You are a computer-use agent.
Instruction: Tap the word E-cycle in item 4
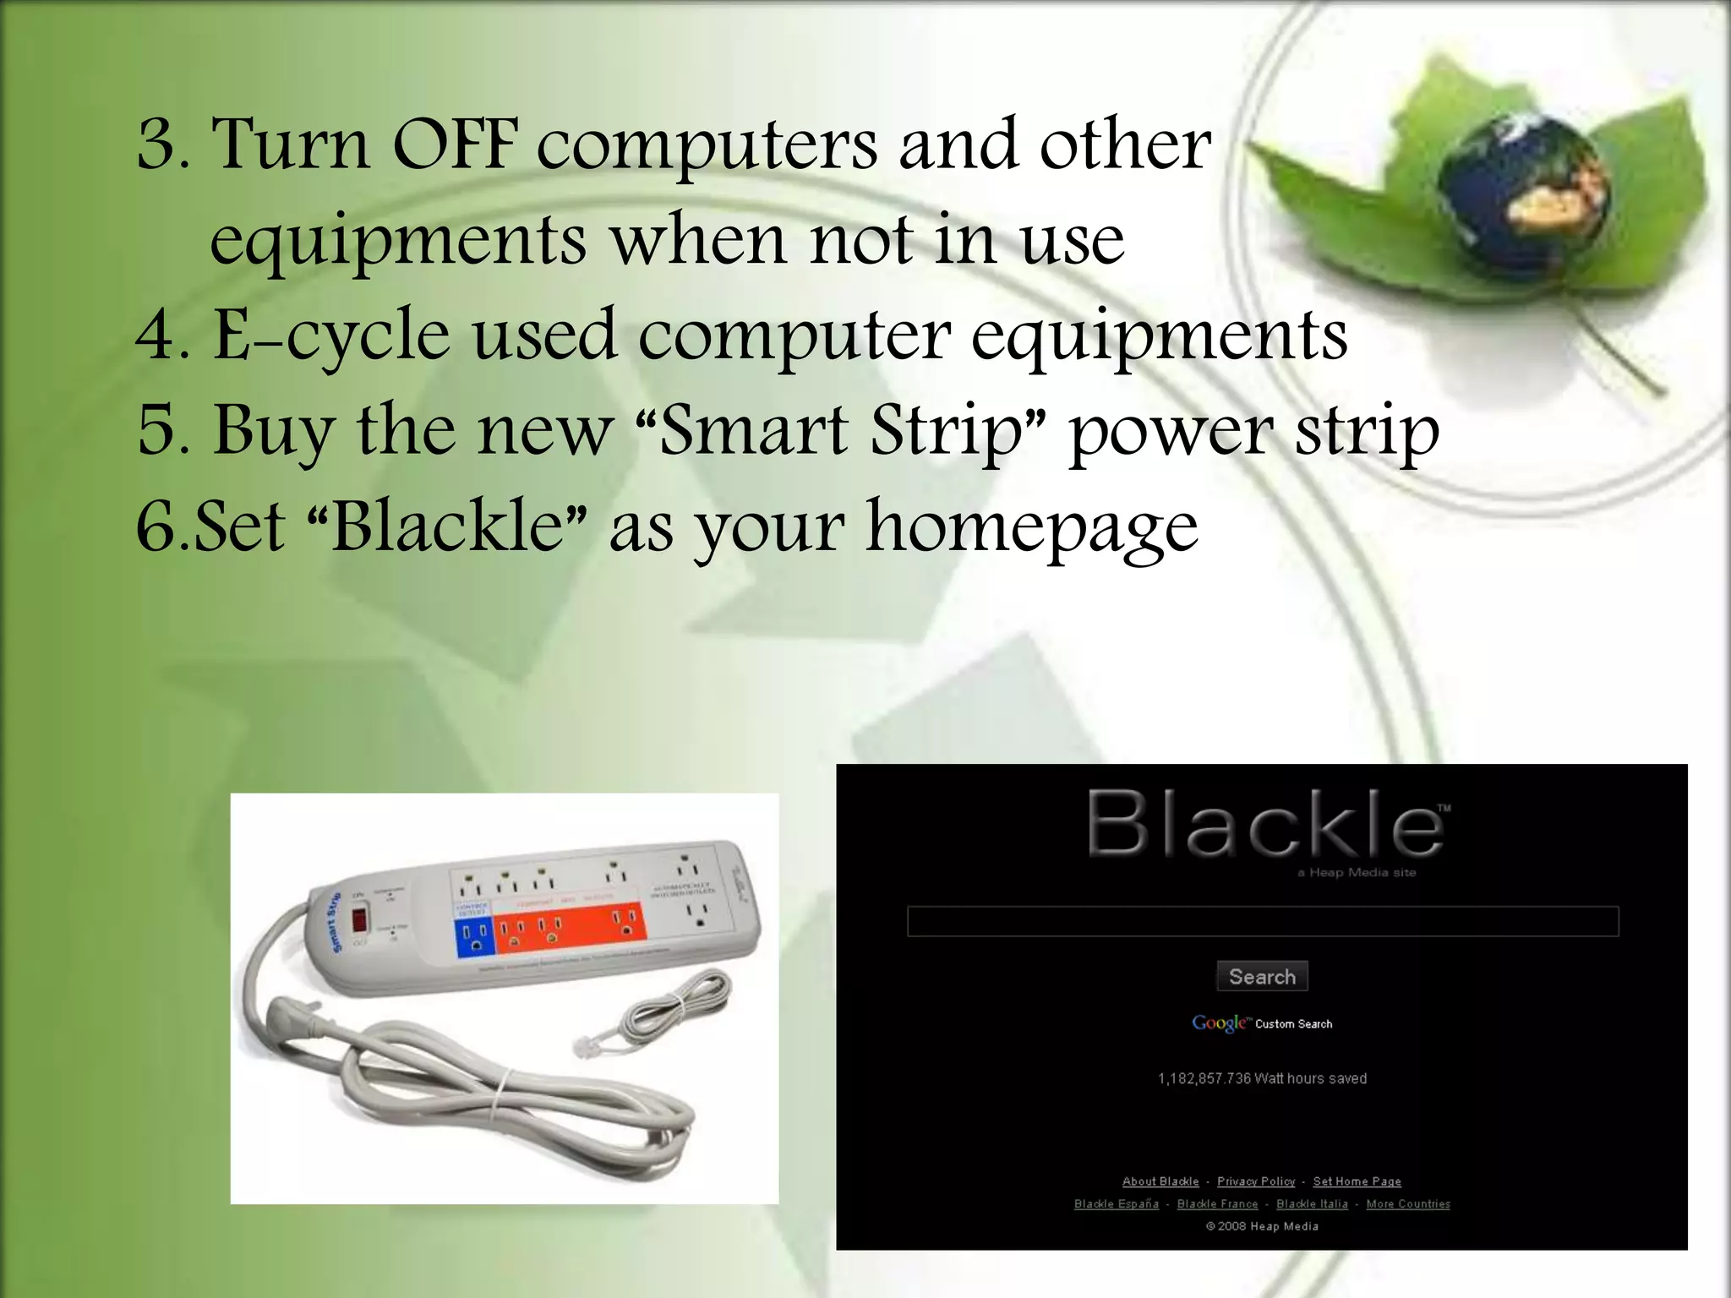click(330, 336)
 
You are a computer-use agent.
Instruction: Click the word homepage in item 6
click(1032, 528)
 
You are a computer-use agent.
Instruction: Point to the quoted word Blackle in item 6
click(447, 526)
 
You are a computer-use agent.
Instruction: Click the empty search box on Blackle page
click(1262, 921)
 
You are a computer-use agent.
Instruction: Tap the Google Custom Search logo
click(1262, 1023)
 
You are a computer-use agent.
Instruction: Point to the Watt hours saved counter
click(1262, 1078)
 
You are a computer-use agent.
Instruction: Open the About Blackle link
click(1160, 1181)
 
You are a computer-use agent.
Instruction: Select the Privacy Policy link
click(1256, 1181)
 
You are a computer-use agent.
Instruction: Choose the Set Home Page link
click(1357, 1181)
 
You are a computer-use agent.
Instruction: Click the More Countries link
click(1408, 1204)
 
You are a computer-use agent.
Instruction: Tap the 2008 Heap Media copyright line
click(1262, 1226)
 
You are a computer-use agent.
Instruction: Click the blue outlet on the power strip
click(473, 938)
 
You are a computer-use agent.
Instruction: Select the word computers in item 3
click(707, 145)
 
